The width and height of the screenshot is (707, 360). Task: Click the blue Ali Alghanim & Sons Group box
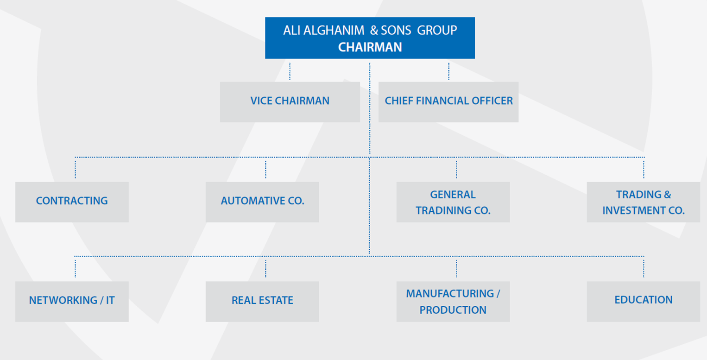[370, 38]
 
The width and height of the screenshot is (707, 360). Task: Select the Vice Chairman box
[290, 102]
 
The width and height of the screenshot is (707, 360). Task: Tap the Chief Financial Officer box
[448, 102]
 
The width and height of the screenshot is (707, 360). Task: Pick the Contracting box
[72, 202]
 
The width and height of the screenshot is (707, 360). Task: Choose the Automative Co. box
[262, 202]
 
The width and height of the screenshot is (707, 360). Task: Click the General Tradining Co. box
[453, 202]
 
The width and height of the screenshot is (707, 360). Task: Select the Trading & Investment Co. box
[644, 202]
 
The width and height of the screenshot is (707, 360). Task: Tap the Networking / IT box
[72, 302]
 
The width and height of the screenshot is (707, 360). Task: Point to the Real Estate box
[262, 302]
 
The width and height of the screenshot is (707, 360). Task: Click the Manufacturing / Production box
[453, 302]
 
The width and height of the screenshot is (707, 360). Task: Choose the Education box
[644, 302]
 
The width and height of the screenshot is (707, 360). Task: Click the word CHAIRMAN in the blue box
[370, 47]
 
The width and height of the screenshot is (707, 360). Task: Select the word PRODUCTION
[453, 310]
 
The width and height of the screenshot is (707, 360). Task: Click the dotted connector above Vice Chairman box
[290, 71]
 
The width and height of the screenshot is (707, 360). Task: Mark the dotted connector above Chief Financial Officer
[448, 71]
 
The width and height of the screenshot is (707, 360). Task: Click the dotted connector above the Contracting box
[75, 170]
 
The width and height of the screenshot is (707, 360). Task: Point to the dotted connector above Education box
[644, 269]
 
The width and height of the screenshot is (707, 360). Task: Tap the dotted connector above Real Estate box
[266, 269]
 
